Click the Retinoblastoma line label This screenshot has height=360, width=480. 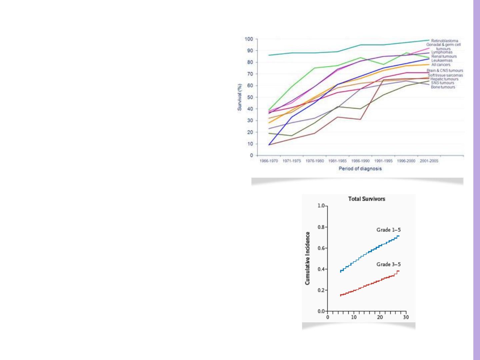pyautogui.click(x=444, y=41)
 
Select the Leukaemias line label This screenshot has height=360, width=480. pyautogui.click(x=442, y=61)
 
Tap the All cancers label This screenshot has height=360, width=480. pyautogui.click(x=441, y=65)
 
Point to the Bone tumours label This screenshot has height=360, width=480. pyautogui.click(x=443, y=87)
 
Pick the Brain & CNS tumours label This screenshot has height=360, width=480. pyautogui.click(x=445, y=71)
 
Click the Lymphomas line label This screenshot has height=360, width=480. pyautogui.click(x=442, y=52)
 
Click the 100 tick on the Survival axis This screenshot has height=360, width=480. pyautogui.click(x=249, y=39)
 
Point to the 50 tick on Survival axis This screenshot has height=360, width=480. pyautogui.click(x=250, y=97)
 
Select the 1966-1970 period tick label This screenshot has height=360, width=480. pyautogui.click(x=269, y=161)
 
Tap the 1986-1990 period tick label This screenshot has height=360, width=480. pyautogui.click(x=360, y=161)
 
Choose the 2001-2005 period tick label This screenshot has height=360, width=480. pyautogui.click(x=429, y=161)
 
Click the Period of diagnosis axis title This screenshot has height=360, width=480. pyautogui.click(x=360, y=169)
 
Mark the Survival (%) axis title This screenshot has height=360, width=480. pyautogui.click(x=240, y=97)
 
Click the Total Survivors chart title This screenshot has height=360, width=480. pyautogui.click(x=366, y=199)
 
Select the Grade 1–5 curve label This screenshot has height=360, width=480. pyautogui.click(x=388, y=230)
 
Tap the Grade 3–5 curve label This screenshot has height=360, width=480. pyautogui.click(x=388, y=264)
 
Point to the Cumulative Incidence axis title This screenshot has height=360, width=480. pyautogui.click(x=308, y=258)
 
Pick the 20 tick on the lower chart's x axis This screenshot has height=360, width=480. pyautogui.click(x=380, y=317)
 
